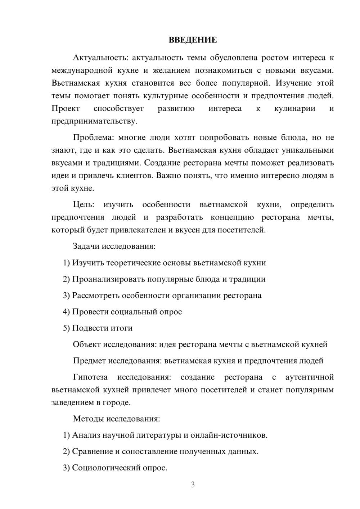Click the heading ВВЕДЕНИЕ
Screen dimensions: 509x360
click(193, 40)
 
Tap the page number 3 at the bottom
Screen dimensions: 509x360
click(193, 485)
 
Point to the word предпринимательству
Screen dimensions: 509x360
click(94, 121)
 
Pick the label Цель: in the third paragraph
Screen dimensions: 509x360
click(84, 204)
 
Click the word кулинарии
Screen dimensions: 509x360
click(294, 108)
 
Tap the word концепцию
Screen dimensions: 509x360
click(232, 217)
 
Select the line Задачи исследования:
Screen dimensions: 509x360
click(114, 246)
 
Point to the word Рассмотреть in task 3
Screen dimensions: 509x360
click(96, 296)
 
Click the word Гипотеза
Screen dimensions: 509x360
click(90, 377)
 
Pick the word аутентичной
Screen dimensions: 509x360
click(309, 377)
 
